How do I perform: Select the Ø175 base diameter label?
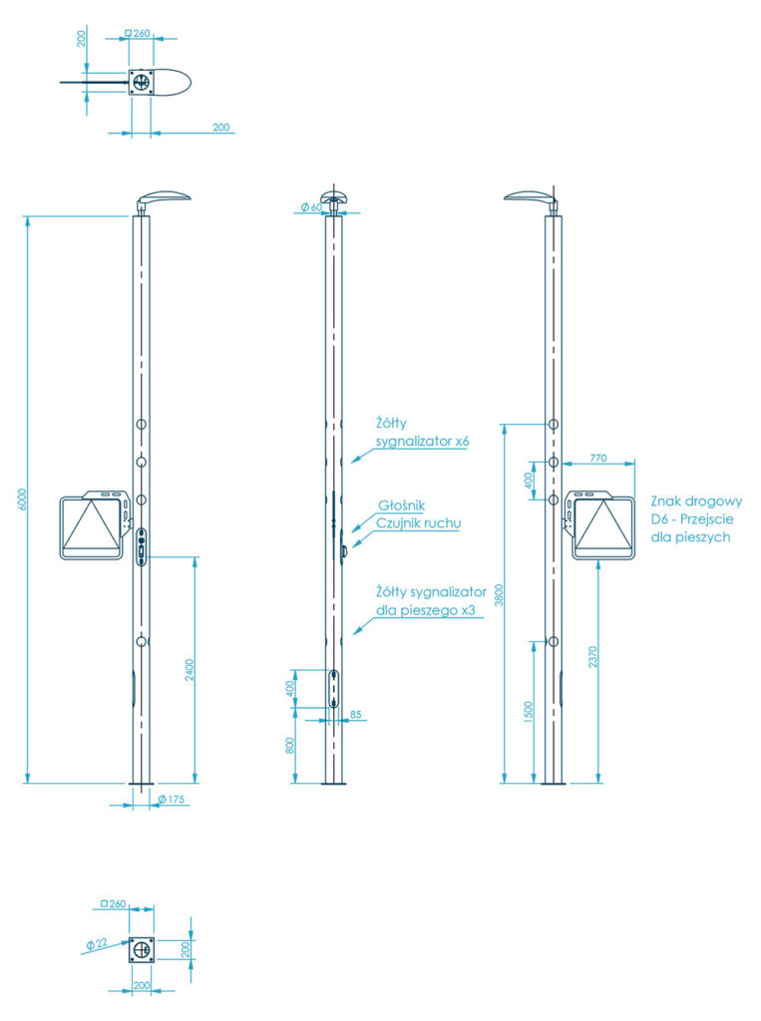pos(174,800)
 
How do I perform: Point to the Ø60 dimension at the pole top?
pos(310,207)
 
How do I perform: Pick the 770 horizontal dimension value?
pos(597,458)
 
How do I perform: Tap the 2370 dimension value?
pos(592,657)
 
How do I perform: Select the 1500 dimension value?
pos(529,711)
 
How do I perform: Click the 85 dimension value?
pos(356,713)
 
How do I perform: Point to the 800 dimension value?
pos(290,746)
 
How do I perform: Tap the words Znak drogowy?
pos(695,502)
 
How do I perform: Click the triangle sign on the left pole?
pos(92,525)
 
